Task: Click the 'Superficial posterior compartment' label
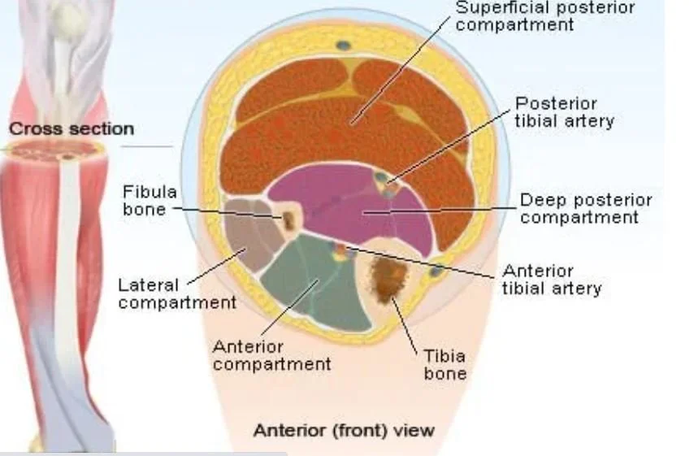point(544,16)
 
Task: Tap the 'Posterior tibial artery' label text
point(564,112)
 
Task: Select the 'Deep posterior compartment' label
point(585,208)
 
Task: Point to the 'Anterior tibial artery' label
point(551,279)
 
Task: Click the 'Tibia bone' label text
point(445,365)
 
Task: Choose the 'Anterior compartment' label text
point(271,354)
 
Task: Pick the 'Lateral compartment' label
point(176,293)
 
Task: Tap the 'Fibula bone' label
point(150,200)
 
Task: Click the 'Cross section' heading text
point(72,128)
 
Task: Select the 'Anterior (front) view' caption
point(344,429)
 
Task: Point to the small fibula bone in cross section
point(288,219)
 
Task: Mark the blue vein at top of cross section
point(345,45)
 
